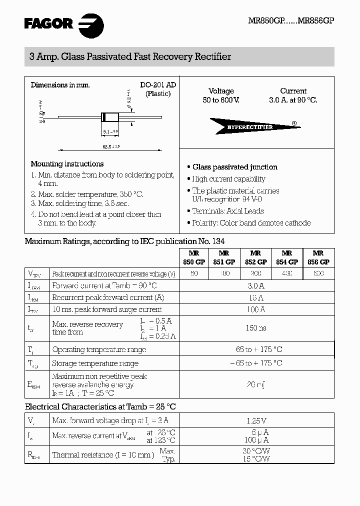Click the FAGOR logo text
point(49,23)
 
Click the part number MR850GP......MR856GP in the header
point(291,21)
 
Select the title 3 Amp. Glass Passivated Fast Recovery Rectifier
point(130,57)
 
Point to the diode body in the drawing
point(110,117)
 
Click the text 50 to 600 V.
point(221,100)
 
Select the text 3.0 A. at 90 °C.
point(293,100)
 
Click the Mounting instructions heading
point(67,164)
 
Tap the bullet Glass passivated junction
point(234,167)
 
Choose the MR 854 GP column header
point(286,257)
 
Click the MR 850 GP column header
point(194,257)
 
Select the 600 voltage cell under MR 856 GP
point(317,273)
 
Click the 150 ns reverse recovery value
point(256,328)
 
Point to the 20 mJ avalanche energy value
point(256,384)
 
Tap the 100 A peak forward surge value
point(256,309)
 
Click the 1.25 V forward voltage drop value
point(256,421)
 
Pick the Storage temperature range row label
point(95,363)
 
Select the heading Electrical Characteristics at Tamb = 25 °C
point(100,407)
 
